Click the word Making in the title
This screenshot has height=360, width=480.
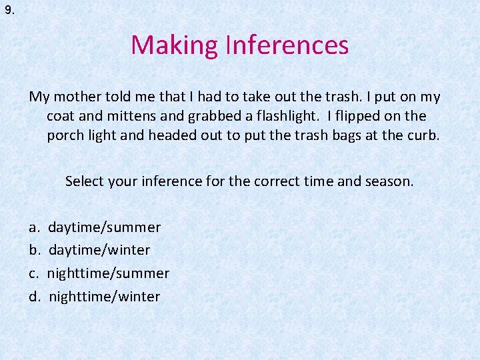[x=175, y=45]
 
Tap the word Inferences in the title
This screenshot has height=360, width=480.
[x=287, y=45]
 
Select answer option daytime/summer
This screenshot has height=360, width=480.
[x=104, y=227]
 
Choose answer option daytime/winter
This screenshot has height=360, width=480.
[x=99, y=250]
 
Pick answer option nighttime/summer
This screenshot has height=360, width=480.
[x=108, y=273]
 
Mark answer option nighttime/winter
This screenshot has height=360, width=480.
[x=104, y=296]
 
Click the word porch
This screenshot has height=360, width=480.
[x=65, y=136]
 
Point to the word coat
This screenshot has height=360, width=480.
[x=60, y=116]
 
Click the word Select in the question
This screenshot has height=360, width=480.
[x=85, y=181]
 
